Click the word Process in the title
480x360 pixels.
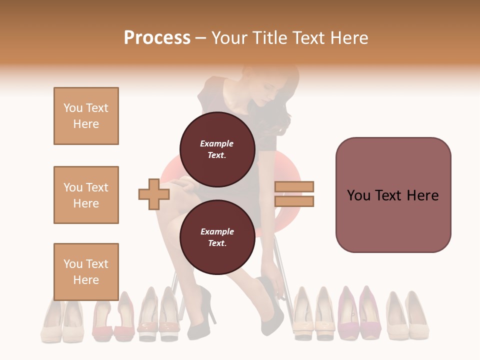point(157,38)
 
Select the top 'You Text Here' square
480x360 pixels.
point(86,116)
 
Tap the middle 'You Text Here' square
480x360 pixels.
point(86,195)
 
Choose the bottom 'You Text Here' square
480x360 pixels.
point(86,271)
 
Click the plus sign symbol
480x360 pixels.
point(153,194)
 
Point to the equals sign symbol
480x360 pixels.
point(294,194)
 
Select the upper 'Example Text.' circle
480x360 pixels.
point(217,149)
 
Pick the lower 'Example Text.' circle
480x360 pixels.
point(217,237)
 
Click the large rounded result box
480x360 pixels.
point(393,195)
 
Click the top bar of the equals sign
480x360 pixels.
point(294,186)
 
